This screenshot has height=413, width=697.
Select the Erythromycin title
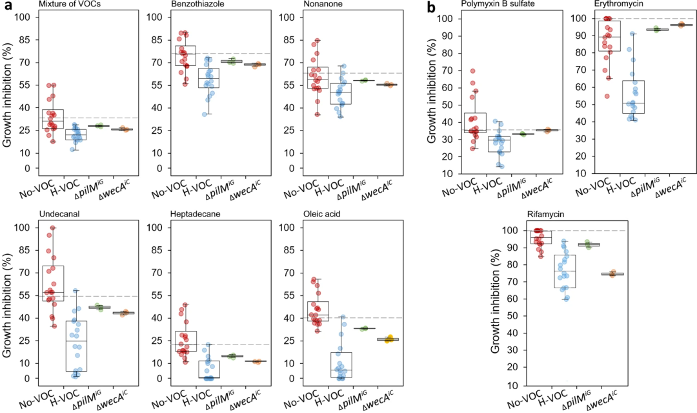tap(598, 6)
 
